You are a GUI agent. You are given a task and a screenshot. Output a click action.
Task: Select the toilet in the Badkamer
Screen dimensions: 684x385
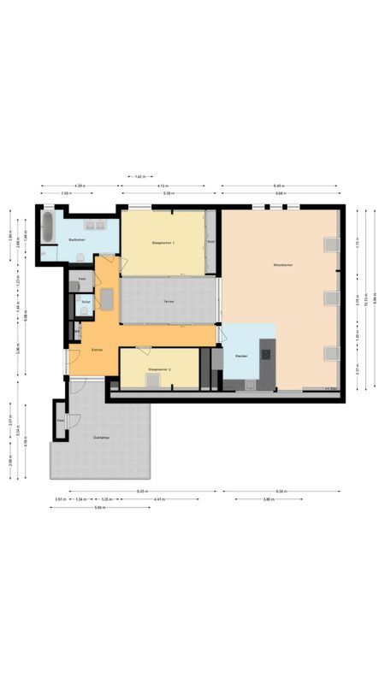point(78,256)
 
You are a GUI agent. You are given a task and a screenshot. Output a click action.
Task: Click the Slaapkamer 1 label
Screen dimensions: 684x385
point(163,244)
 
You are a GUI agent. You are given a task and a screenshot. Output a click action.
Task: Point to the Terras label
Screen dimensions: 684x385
point(169,302)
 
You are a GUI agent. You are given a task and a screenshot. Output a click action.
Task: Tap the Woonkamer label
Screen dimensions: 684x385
point(283,264)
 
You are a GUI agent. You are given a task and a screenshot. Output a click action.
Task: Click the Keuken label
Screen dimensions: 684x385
point(241,356)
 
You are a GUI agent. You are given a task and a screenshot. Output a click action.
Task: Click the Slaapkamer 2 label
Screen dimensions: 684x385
point(159,369)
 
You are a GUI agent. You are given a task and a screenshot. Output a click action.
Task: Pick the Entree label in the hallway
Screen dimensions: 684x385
point(98,350)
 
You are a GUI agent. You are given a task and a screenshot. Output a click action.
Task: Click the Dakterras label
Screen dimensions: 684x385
point(102,437)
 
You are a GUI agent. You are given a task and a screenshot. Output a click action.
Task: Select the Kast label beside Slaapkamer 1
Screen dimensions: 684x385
point(210,243)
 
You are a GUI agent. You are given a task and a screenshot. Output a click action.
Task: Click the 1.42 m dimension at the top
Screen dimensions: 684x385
point(139,176)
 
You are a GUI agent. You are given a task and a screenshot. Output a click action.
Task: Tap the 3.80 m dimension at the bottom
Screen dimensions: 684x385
point(268,499)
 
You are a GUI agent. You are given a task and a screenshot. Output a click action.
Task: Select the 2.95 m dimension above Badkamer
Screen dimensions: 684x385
point(65,193)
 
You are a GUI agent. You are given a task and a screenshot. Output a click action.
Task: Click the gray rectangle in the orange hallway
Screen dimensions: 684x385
point(107,299)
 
